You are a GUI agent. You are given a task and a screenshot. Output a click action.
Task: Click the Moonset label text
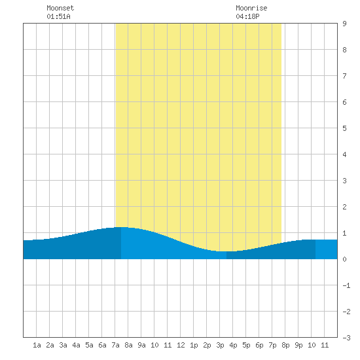tap(60, 8)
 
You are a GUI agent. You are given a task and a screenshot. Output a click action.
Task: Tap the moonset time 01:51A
tap(58, 16)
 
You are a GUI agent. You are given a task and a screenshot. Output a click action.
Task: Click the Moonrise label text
tap(251, 8)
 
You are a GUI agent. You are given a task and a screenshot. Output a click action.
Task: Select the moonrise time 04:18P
tap(247, 16)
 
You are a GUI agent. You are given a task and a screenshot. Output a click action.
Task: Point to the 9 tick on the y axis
tap(344, 24)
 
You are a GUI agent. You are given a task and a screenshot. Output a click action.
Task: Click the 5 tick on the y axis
tap(344, 128)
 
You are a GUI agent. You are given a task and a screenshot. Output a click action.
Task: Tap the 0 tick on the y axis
tap(344, 259)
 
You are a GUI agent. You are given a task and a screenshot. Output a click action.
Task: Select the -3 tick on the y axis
tap(346, 338)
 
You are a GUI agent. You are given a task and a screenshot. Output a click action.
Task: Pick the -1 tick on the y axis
tap(346, 285)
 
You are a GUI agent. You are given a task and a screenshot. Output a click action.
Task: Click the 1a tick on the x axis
tap(37, 345)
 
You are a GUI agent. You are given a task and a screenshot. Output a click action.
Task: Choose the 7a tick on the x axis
tap(115, 345)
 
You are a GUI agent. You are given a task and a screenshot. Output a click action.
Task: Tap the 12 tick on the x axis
tap(181, 345)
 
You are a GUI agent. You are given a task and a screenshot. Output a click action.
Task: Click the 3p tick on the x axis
tap(220, 345)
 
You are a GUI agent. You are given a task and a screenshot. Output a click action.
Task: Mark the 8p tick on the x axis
tap(285, 345)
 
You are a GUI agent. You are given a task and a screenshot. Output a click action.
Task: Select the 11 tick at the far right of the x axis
tap(325, 345)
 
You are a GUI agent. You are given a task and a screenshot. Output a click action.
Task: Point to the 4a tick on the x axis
tap(76, 345)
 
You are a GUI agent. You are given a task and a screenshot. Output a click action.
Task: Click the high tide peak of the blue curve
tap(121, 227)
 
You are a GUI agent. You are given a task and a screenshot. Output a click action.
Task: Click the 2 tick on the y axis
tap(344, 207)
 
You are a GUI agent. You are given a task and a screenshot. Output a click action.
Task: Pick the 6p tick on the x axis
tap(259, 345)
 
